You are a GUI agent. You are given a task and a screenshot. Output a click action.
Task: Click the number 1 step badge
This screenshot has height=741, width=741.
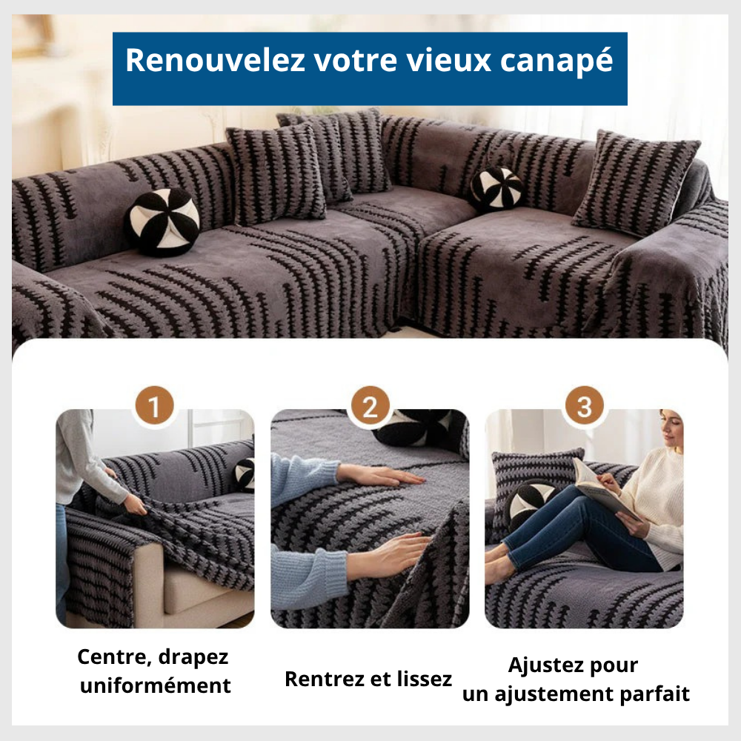(154, 407)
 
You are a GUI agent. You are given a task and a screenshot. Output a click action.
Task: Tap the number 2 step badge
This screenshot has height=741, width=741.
(369, 407)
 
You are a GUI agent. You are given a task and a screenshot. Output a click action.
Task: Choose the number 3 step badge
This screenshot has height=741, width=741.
(584, 407)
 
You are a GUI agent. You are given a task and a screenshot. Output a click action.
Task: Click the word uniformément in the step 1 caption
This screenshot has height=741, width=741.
(155, 685)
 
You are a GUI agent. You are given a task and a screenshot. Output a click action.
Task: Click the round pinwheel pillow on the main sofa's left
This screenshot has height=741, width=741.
(162, 221)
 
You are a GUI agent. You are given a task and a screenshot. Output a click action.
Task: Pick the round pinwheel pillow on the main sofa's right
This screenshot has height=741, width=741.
(496, 189)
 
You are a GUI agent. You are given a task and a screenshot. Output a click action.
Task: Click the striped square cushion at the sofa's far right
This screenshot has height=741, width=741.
(636, 182)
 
